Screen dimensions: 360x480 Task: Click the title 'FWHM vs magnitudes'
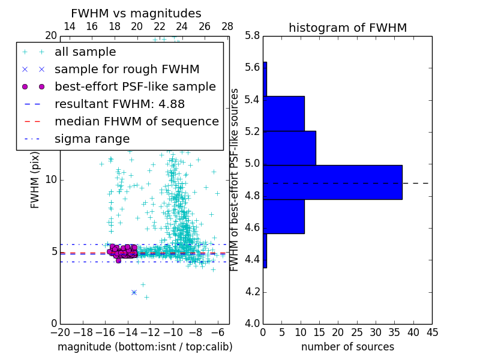tap(136, 13)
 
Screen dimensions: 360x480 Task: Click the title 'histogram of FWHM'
tap(347, 28)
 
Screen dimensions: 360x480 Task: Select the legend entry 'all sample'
tap(85, 52)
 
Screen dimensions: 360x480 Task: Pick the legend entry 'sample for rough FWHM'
tap(127, 69)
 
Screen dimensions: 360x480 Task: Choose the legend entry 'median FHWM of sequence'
tap(136, 121)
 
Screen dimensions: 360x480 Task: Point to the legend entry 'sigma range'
tap(92, 139)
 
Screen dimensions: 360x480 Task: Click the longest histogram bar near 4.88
tap(332, 182)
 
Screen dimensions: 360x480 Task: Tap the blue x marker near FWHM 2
tap(134, 292)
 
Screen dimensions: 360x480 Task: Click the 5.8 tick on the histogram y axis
tap(253, 36)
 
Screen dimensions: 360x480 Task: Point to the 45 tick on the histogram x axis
tap(431, 331)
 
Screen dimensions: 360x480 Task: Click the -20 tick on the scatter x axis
tap(60, 331)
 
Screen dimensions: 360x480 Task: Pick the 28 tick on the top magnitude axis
tap(227, 26)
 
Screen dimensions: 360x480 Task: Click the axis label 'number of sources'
tap(347, 347)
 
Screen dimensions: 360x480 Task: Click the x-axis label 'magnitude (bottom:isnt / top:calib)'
tap(145, 347)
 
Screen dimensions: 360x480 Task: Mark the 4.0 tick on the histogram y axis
tap(253, 324)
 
